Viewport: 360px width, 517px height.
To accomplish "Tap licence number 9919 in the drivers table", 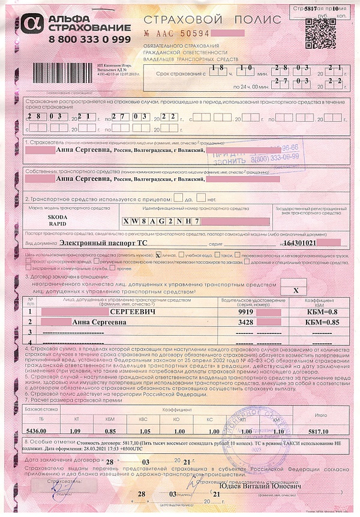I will (x=245, y=312).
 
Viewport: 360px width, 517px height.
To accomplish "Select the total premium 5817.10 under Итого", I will (x=323, y=431).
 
